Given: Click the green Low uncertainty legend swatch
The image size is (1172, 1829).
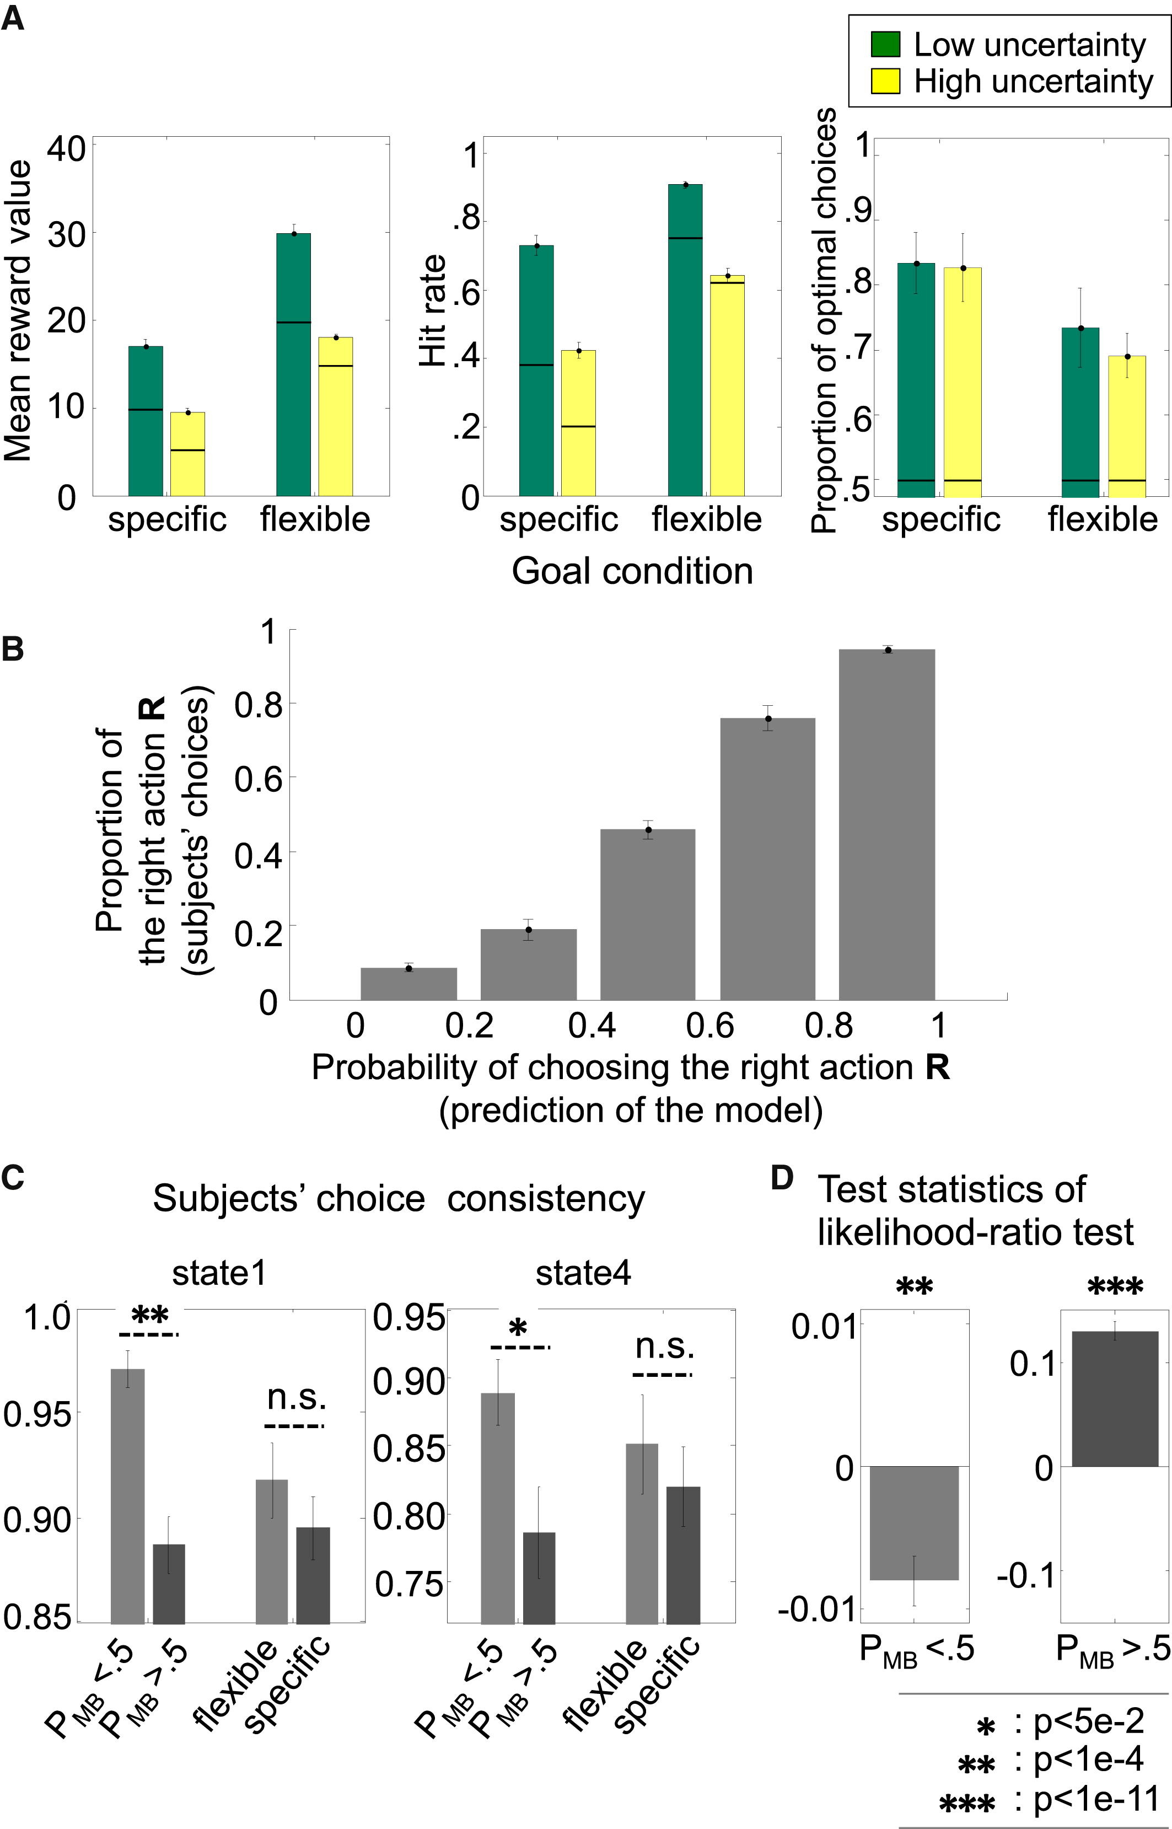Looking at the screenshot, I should (x=885, y=45).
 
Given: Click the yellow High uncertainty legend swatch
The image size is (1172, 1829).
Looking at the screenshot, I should (x=885, y=81).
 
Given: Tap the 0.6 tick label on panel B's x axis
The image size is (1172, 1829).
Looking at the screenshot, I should (x=709, y=1026).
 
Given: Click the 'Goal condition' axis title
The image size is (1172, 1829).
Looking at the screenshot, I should (x=632, y=571).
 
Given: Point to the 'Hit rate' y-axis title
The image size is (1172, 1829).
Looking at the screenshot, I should (x=433, y=310).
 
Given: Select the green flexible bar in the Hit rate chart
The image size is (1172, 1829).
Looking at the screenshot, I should (x=685, y=340).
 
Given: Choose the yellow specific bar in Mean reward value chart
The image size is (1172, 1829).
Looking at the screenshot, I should (x=187, y=454).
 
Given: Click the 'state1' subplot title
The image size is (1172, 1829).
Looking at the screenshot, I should (x=219, y=1273).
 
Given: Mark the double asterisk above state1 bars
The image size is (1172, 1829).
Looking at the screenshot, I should (x=149, y=1317).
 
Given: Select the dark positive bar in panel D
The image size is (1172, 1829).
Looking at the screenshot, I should (x=1114, y=1398).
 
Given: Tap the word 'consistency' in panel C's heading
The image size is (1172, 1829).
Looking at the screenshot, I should (x=546, y=1199).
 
